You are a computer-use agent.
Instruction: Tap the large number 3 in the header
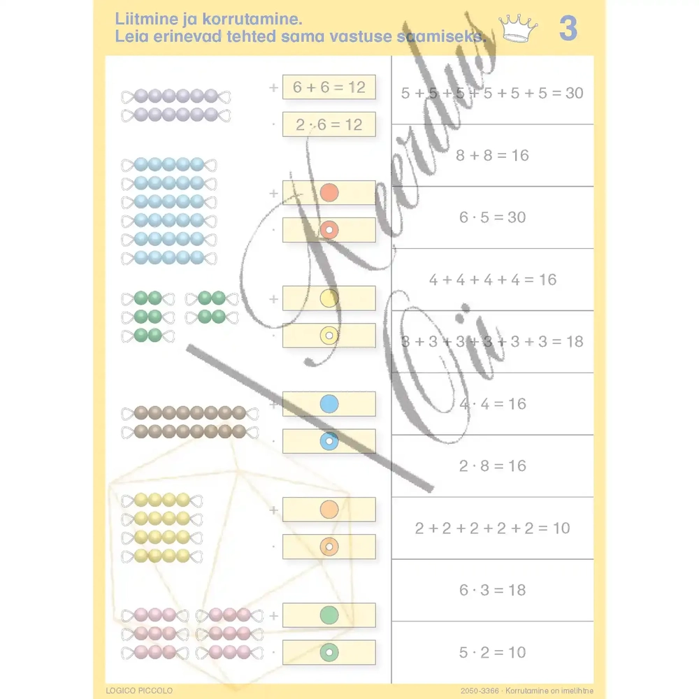point(568,29)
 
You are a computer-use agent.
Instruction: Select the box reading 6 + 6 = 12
point(329,87)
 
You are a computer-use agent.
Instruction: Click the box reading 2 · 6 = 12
point(329,125)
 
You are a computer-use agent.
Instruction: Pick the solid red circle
point(329,193)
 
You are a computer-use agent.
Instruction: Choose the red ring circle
point(329,230)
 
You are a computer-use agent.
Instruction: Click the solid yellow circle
point(329,298)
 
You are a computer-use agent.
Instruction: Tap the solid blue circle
point(329,404)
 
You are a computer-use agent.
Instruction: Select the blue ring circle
point(329,441)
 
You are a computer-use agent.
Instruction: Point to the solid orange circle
point(329,510)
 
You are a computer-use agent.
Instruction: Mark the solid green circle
point(329,615)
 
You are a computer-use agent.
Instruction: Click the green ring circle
point(329,652)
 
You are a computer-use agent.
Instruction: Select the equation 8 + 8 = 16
point(492,155)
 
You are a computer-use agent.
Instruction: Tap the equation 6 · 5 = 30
point(492,217)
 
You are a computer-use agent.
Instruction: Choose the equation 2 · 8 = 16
point(492,466)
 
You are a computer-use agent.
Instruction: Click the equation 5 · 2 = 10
point(492,652)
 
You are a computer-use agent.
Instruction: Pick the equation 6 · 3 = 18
point(492,590)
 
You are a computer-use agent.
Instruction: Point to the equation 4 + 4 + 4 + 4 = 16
point(492,280)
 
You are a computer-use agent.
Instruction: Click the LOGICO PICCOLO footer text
point(138,691)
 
